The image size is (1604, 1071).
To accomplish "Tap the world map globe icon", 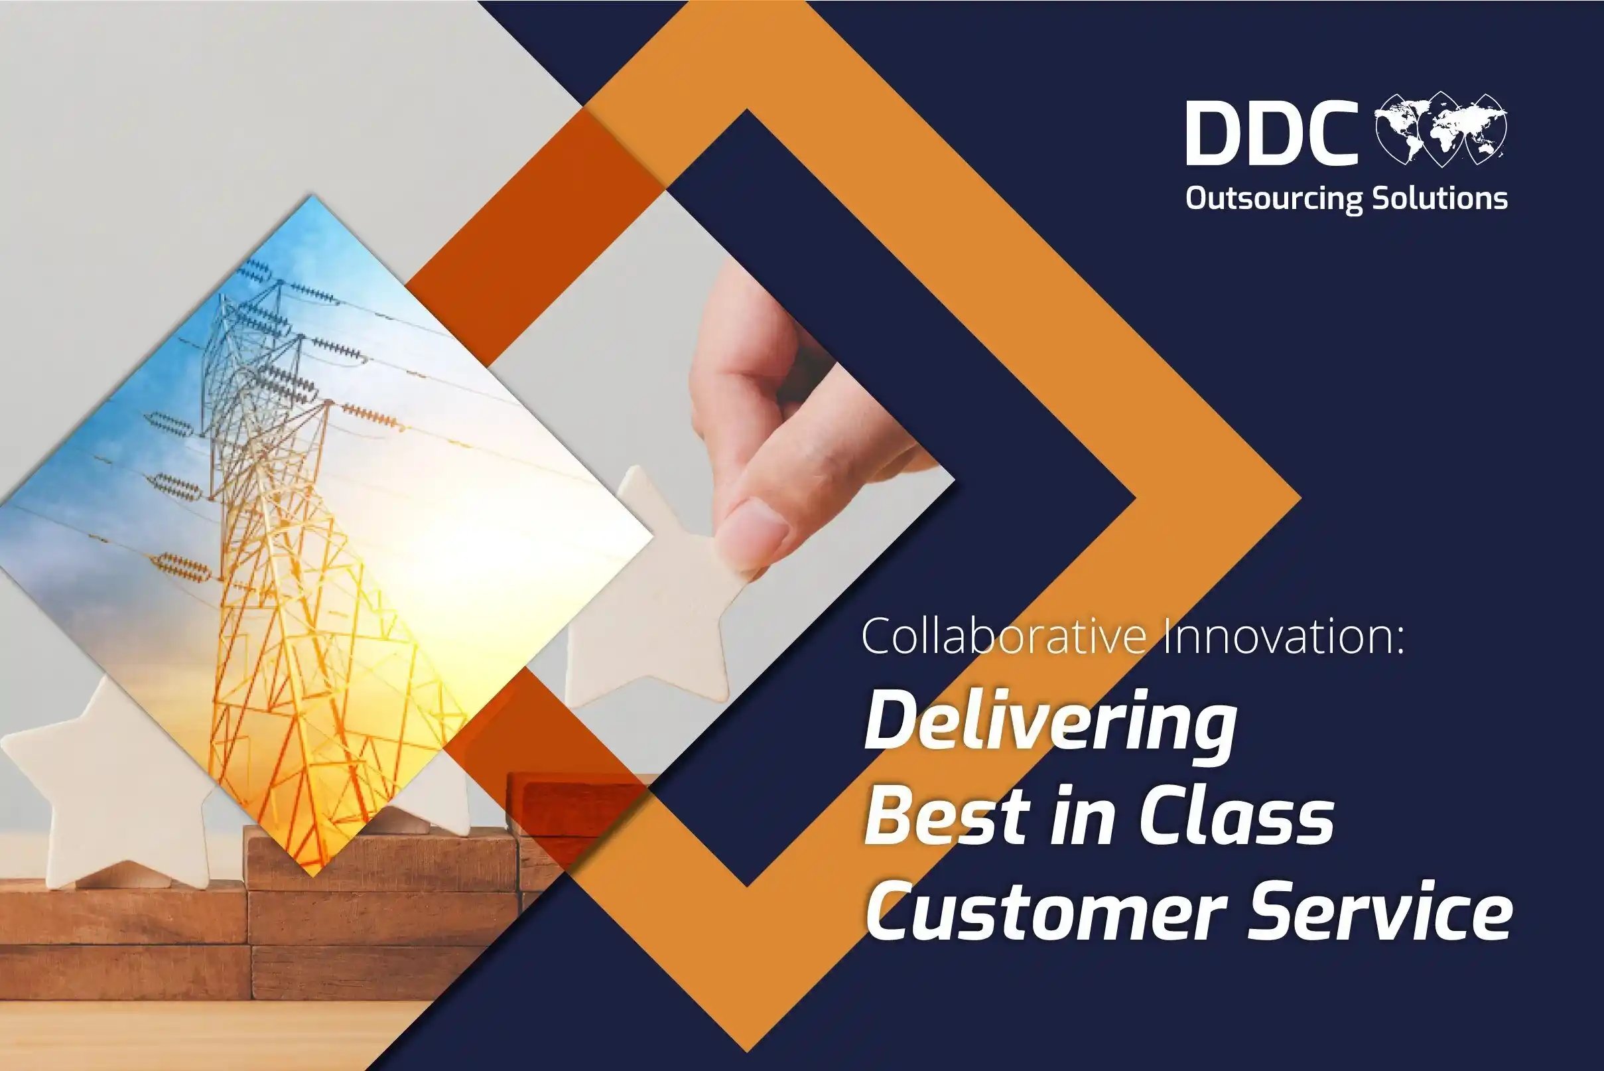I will pyautogui.click(x=1440, y=130).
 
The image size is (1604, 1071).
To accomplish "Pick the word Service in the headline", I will pyautogui.click(x=1379, y=911).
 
